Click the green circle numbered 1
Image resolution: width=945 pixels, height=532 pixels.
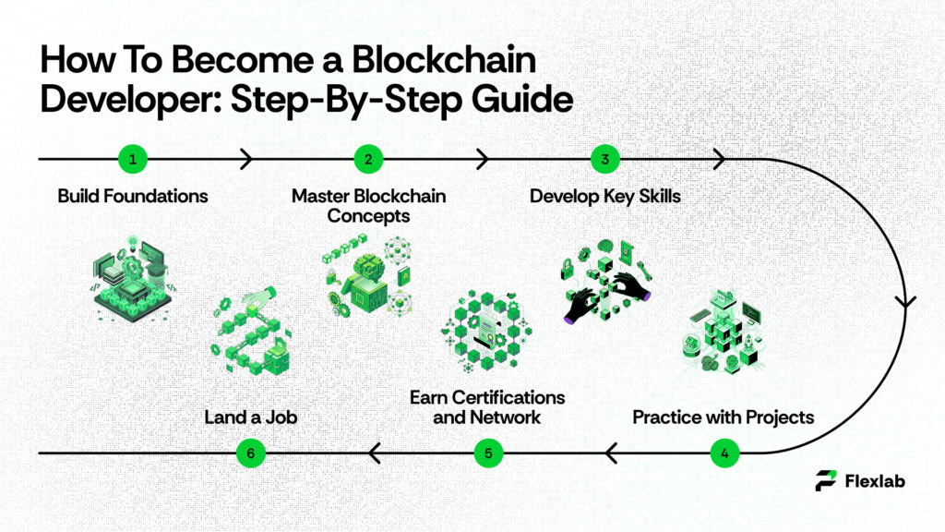coord(133,159)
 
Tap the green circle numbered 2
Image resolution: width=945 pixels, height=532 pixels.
coord(368,159)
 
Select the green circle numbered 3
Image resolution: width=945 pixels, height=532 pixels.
coord(605,159)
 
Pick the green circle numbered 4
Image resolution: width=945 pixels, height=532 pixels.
coord(724,453)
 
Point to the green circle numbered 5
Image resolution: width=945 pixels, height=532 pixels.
coord(487,453)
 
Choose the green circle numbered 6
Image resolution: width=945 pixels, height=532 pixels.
coord(251,453)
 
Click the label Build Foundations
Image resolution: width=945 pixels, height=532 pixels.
coord(132,196)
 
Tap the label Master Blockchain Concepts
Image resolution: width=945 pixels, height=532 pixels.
coord(368,205)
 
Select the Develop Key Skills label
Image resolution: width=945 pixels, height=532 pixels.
coord(604,196)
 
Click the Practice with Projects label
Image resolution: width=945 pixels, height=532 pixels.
coord(724,417)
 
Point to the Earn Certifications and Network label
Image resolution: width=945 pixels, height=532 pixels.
coord(487,407)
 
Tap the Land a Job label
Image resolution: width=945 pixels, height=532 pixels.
coord(251,417)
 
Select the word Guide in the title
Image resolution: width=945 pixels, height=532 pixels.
coord(516,100)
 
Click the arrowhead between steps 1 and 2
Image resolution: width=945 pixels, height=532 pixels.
coord(245,159)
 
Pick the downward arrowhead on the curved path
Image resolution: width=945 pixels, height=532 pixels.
coord(906,301)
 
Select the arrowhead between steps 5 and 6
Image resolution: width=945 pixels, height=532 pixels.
coord(374,453)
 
